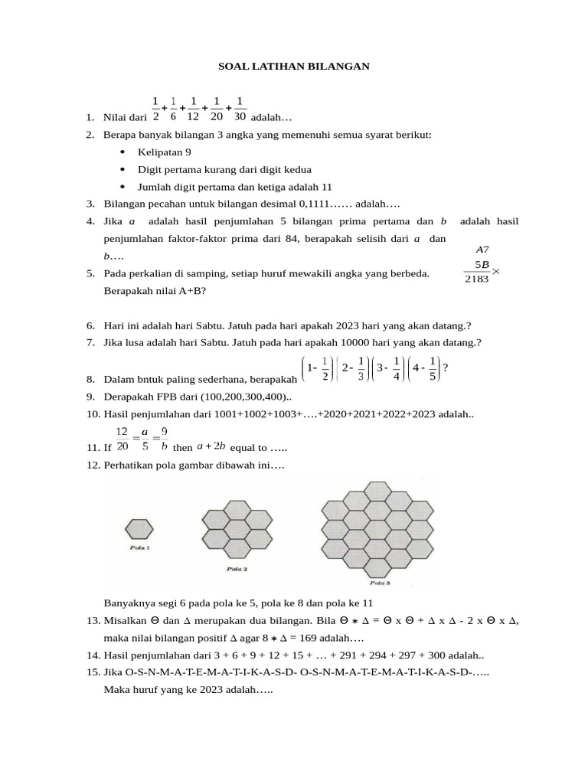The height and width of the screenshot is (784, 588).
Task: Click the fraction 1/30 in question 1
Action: (x=240, y=109)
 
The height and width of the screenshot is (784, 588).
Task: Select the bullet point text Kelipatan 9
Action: (x=165, y=152)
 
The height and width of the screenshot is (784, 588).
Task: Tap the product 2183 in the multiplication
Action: (x=477, y=279)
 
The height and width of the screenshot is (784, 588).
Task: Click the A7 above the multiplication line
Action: (x=482, y=250)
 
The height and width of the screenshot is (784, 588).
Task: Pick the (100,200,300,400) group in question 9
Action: (x=239, y=397)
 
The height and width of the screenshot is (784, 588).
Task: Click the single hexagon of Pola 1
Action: (x=139, y=530)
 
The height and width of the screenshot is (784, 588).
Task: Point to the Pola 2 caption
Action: (x=237, y=570)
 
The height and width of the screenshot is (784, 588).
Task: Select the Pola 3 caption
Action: (x=378, y=583)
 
